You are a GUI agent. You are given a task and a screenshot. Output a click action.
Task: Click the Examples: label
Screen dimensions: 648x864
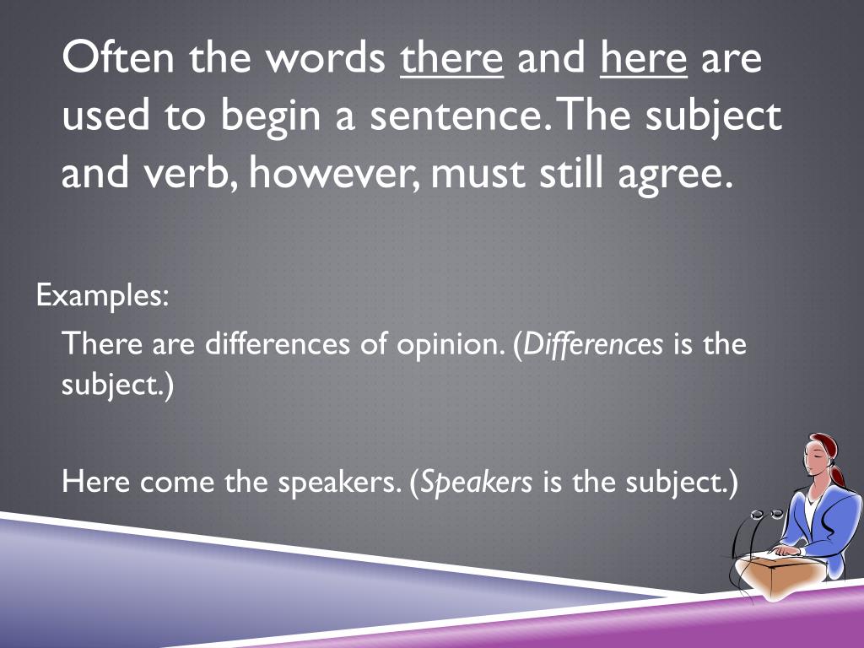103,296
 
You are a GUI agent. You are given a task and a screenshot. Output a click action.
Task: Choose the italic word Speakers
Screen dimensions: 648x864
477,483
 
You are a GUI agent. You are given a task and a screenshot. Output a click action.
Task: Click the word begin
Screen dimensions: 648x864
268,118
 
